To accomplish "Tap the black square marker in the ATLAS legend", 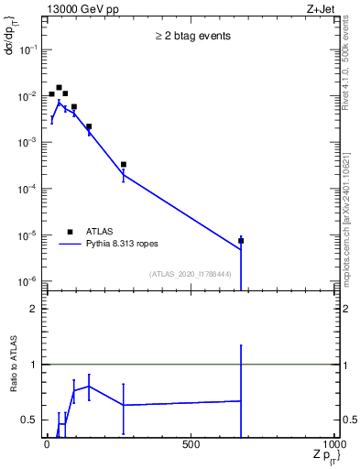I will tap(71, 232).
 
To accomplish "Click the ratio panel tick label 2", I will tap(34, 310).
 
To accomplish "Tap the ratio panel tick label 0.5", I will tap(30, 420).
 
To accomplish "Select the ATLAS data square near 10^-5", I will tap(241, 241).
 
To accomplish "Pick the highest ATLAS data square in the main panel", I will tap(59, 88).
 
